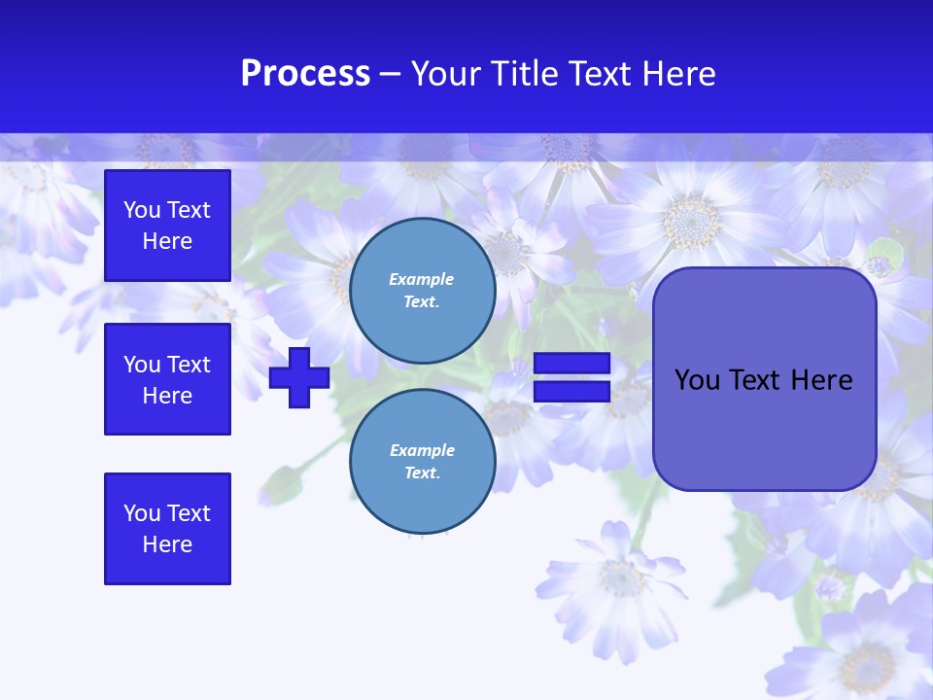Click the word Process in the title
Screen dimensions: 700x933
[x=305, y=74]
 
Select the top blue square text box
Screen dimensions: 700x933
[x=167, y=226]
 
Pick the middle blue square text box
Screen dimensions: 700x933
[x=167, y=379]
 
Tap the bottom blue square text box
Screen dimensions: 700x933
[x=167, y=529]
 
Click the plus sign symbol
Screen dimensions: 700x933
[x=299, y=377]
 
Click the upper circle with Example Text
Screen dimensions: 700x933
[x=422, y=290]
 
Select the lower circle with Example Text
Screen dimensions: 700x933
[x=422, y=461]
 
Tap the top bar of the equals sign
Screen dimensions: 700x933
[x=571, y=364]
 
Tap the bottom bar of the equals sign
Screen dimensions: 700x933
[x=571, y=392]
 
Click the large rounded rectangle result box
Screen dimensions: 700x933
[x=764, y=428]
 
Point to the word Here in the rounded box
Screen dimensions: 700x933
[x=821, y=380]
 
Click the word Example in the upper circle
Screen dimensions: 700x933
[x=422, y=279]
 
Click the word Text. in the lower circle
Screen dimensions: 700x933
[x=422, y=473]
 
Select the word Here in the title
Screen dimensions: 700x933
[x=678, y=74]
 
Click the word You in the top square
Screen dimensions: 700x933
[x=142, y=210]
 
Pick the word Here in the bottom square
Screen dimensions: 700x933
[x=167, y=544]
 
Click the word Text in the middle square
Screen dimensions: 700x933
[x=189, y=365]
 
